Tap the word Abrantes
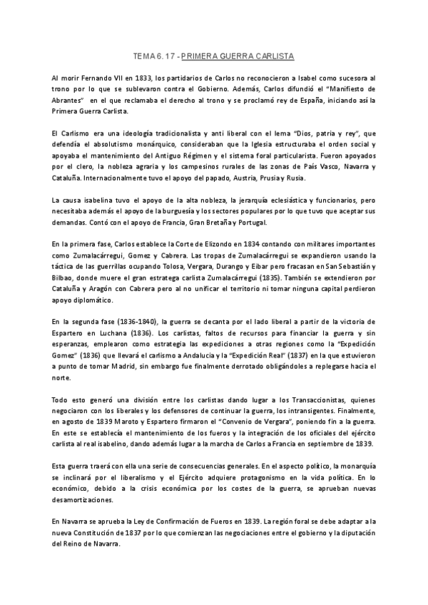coord(69,101)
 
